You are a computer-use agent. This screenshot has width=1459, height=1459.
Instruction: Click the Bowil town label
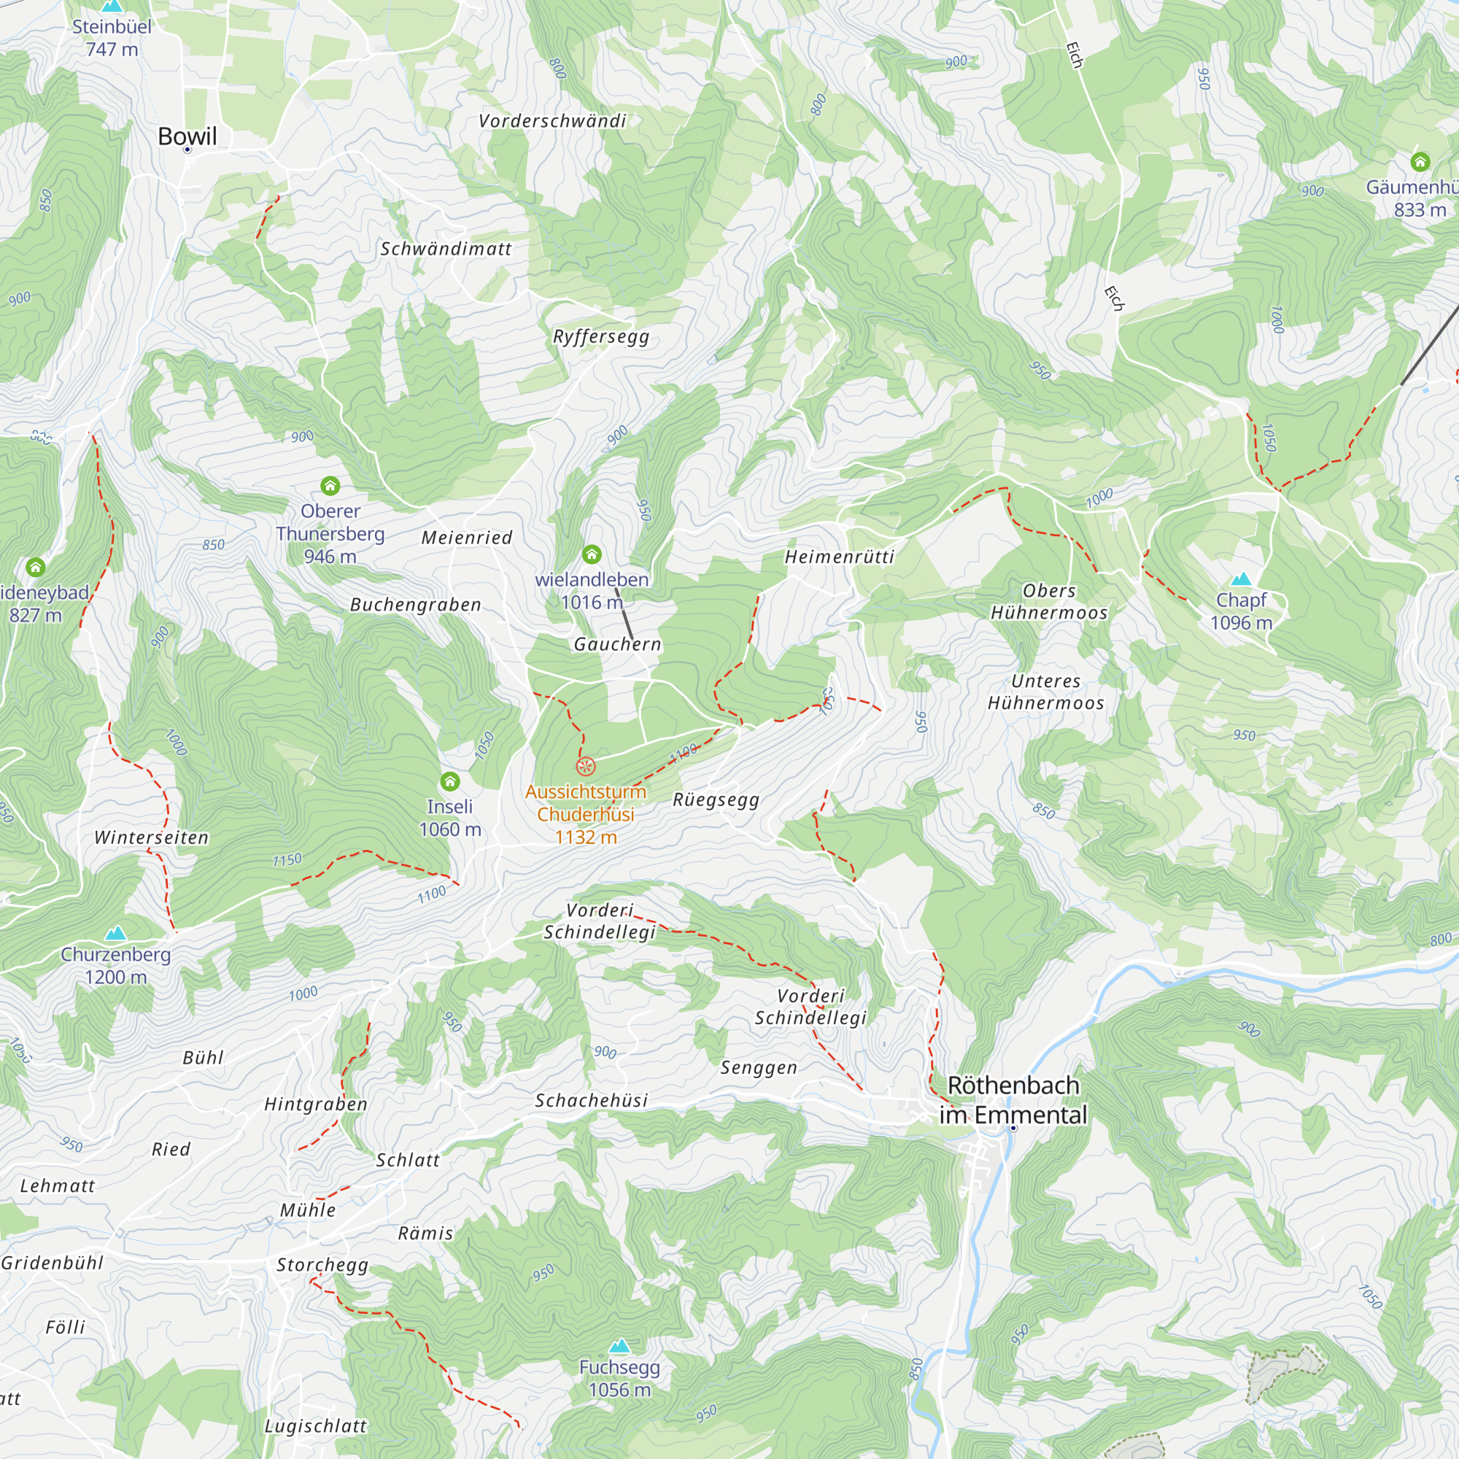pyautogui.click(x=187, y=136)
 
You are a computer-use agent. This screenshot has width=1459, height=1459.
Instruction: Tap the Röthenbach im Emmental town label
pyautogui.click(x=1013, y=1099)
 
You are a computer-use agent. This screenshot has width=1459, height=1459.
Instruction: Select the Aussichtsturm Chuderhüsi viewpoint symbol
pyautogui.click(x=585, y=767)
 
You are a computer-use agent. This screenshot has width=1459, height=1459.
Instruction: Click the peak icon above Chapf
pyautogui.click(x=1241, y=579)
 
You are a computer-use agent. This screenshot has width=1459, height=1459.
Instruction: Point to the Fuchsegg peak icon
pyautogui.click(x=619, y=1346)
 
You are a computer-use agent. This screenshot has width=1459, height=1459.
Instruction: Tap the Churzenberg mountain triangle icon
pyautogui.click(x=115, y=934)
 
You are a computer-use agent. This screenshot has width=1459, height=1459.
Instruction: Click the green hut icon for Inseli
pyautogui.click(x=450, y=781)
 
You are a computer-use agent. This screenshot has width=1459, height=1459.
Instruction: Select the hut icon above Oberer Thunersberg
pyautogui.click(x=330, y=486)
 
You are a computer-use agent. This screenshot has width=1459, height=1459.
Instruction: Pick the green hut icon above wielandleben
pyautogui.click(x=592, y=555)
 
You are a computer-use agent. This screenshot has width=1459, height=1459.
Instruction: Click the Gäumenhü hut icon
pyautogui.click(x=1420, y=162)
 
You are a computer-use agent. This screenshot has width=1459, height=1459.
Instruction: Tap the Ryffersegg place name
pyautogui.click(x=601, y=337)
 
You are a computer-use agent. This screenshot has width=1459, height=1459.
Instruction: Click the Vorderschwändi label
pyautogui.click(x=552, y=121)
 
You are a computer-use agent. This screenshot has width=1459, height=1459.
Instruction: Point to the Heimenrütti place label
pyautogui.click(x=839, y=557)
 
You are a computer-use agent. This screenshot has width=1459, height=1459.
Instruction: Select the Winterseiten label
pyautogui.click(x=151, y=837)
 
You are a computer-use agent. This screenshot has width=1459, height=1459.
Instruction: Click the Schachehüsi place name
pyautogui.click(x=592, y=1101)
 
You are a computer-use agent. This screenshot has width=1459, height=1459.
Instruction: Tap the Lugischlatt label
pyautogui.click(x=316, y=1425)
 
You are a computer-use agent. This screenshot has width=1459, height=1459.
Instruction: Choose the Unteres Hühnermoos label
pyautogui.click(x=1046, y=692)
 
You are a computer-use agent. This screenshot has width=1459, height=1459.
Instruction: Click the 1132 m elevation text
pyautogui.click(x=585, y=837)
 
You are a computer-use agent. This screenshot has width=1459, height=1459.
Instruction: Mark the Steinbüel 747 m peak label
pyautogui.click(x=112, y=38)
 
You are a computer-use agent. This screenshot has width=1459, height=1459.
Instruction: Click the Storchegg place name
pyautogui.click(x=322, y=1265)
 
